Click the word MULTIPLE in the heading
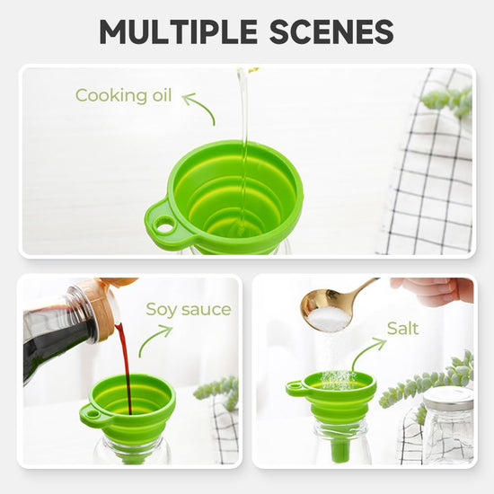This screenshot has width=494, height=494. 179,31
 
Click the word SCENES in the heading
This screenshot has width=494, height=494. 331,31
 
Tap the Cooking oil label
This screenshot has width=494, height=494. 124,95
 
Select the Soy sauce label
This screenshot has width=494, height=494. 189,310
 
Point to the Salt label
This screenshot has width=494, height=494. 402,329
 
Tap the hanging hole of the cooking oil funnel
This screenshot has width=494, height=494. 163,225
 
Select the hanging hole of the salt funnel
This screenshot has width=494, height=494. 294,385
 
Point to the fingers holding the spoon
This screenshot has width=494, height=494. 433,290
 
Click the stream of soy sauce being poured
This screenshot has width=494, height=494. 125,366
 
